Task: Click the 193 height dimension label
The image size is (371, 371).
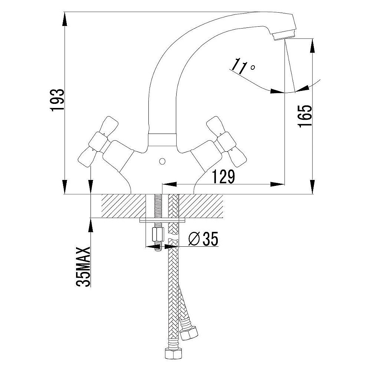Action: pos(57,100)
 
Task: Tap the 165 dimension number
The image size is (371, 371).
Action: pos(305,116)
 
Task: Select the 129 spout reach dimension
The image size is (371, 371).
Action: pos(223,177)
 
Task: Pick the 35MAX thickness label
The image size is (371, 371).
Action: pos(83,267)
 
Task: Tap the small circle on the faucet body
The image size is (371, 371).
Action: pos(162,162)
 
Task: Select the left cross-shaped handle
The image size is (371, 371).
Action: pos(98,141)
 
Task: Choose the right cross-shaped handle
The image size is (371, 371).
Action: pos(226,141)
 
